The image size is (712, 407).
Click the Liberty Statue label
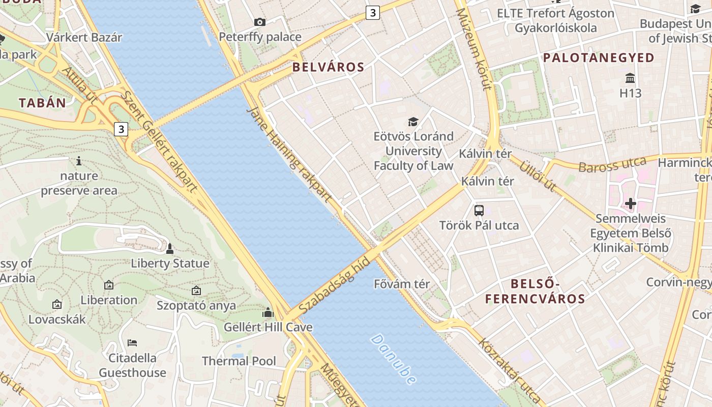[170, 263]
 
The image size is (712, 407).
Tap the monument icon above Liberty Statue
[170, 249]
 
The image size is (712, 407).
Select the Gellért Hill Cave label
[268, 327]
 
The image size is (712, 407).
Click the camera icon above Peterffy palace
[260, 22]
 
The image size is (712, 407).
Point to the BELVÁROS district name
[329, 67]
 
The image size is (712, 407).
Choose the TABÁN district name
[43, 103]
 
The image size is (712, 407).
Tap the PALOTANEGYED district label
[599, 57]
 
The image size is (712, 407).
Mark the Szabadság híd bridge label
[334, 285]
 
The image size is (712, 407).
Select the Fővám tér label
[402, 284]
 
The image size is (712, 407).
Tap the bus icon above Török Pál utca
[479, 210]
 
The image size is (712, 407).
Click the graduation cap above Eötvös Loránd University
[413, 122]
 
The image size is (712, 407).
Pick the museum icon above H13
[630, 78]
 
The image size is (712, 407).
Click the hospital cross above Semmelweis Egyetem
[631, 204]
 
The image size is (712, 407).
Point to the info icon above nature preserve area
[79, 161]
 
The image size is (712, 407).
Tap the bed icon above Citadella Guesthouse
[132, 342]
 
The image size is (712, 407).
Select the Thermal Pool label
[239, 361]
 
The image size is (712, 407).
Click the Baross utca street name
[612, 165]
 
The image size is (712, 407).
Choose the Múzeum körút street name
[474, 49]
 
